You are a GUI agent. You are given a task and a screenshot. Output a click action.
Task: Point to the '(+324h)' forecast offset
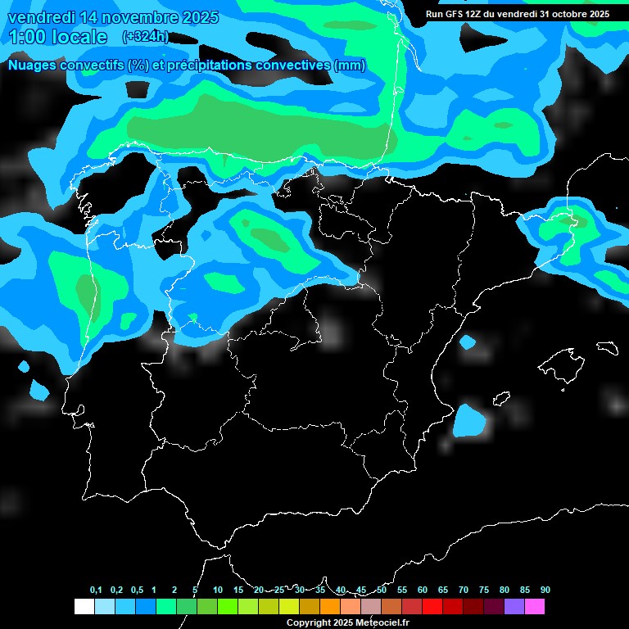tap(145, 37)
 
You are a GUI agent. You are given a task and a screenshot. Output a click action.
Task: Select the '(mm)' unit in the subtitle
tap(349, 66)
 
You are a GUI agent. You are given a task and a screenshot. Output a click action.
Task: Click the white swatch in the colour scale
tap(84, 606)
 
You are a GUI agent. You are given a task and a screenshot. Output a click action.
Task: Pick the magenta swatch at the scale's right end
tap(535, 606)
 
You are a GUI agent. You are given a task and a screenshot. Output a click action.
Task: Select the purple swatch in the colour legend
tap(514, 606)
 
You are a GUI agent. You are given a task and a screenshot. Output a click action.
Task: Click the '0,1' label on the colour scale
tap(96, 590)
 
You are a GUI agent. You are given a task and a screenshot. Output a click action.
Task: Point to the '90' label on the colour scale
tap(545, 590)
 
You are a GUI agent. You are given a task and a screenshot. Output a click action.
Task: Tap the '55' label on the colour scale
tap(401, 590)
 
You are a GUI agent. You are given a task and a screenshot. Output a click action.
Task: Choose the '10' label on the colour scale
tap(217, 590)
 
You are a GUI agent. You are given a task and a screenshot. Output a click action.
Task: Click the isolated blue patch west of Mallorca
tap(469, 420)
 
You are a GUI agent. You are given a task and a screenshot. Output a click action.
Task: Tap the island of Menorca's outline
tap(607, 347)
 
